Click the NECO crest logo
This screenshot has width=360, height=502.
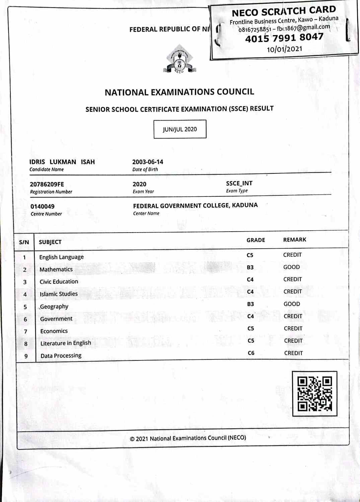click(x=179, y=60)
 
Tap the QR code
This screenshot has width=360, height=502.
click(x=314, y=394)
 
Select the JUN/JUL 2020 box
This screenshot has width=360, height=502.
click(x=180, y=129)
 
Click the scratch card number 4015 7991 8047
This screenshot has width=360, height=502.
click(x=284, y=38)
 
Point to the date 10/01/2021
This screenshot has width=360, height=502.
click(x=284, y=49)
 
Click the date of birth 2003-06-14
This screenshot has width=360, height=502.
click(x=148, y=162)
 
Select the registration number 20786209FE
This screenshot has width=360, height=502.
click(x=47, y=184)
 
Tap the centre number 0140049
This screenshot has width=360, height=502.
click(x=43, y=206)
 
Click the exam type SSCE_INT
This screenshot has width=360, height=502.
click(x=239, y=183)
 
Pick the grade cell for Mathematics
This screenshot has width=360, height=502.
click(x=250, y=267)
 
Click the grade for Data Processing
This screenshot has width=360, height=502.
click(x=251, y=353)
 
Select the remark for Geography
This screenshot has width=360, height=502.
click(x=292, y=304)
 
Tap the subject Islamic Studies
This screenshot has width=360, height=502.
click(x=59, y=294)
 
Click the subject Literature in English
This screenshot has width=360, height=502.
click(x=66, y=343)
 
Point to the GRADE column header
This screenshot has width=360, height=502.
click(x=256, y=240)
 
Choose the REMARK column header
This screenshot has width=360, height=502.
click(x=295, y=240)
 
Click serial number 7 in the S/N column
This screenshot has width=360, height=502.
click(x=25, y=332)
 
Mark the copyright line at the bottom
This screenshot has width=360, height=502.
click(x=188, y=438)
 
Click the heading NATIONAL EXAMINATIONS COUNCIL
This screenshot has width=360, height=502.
click(x=179, y=92)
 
